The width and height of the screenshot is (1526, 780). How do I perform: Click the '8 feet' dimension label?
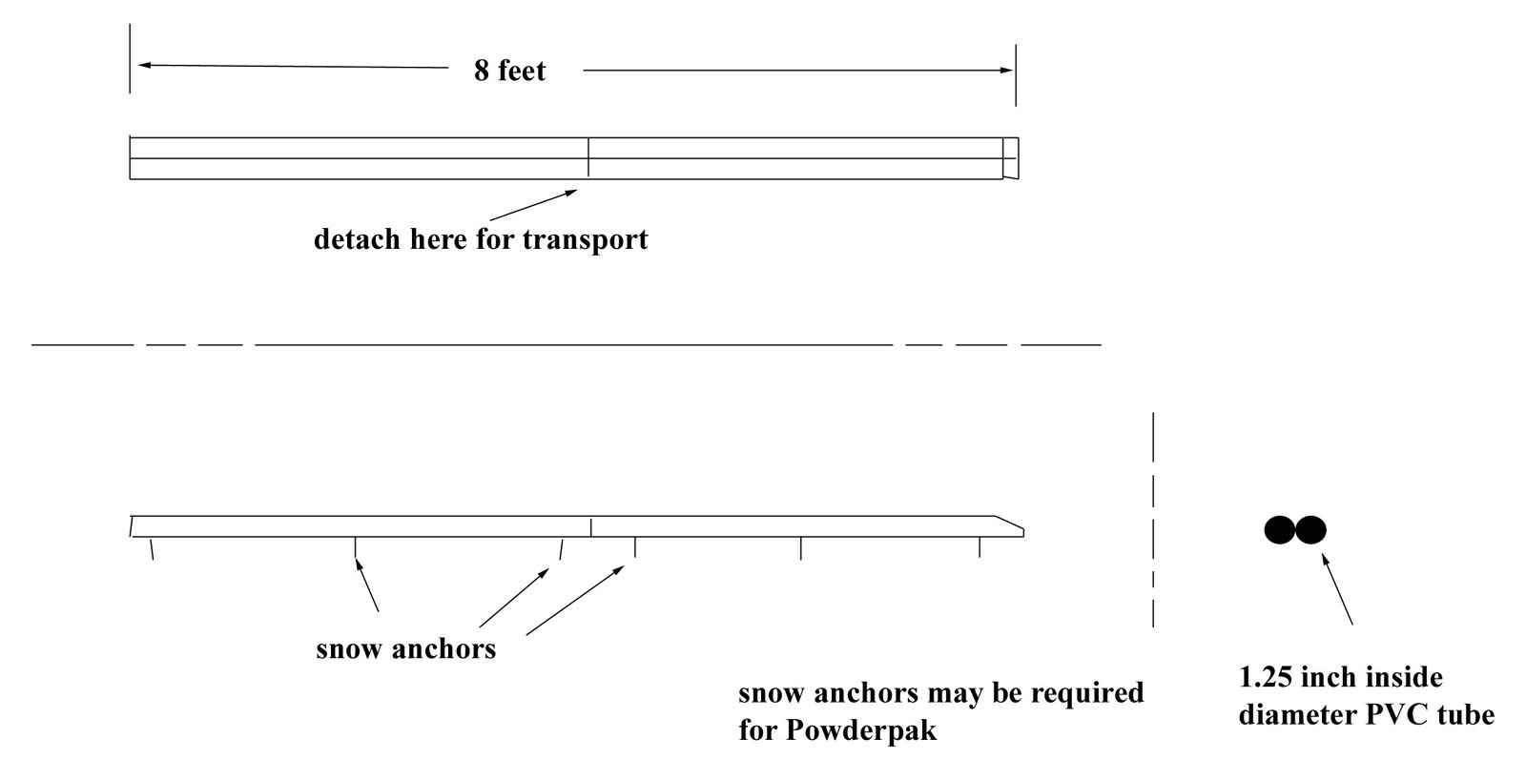click(509, 71)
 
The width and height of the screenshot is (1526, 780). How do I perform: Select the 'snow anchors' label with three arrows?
click(405, 649)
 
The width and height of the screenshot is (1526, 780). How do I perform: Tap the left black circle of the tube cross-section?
click(1280, 529)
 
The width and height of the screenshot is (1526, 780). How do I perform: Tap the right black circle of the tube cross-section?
click(1310, 529)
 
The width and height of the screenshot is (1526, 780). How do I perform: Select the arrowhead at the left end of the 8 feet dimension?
click(143, 65)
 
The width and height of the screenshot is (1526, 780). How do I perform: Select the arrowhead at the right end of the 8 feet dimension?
click(1007, 70)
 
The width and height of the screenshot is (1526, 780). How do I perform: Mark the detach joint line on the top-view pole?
click(588, 157)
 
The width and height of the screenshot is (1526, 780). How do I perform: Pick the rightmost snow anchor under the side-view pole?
click(979, 547)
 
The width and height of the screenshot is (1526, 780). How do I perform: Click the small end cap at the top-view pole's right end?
click(1011, 157)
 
